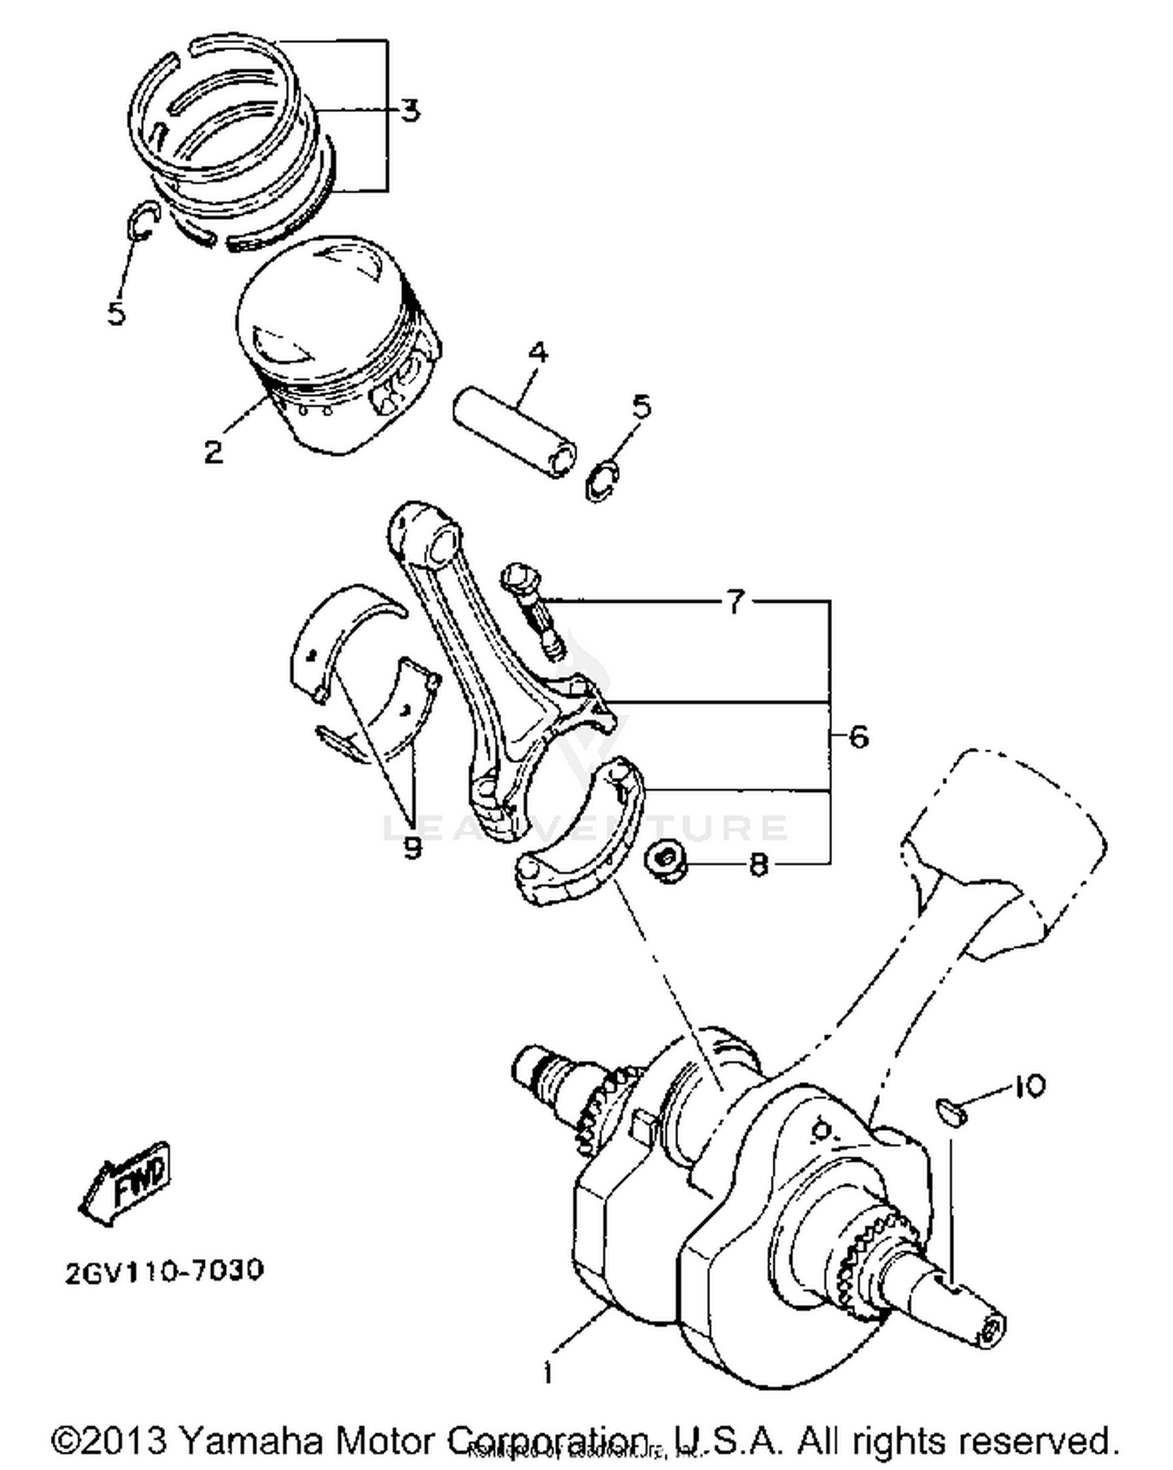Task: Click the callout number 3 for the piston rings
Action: (410, 110)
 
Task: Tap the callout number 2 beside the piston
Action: (213, 451)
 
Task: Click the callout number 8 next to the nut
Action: (758, 864)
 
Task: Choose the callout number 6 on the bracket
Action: (858, 737)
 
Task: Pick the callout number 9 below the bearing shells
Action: (412, 847)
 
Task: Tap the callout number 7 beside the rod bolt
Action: (735, 602)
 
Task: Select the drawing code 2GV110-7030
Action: (164, 1270)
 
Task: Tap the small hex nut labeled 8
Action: (666, 862)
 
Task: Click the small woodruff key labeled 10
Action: (952, 1110)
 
